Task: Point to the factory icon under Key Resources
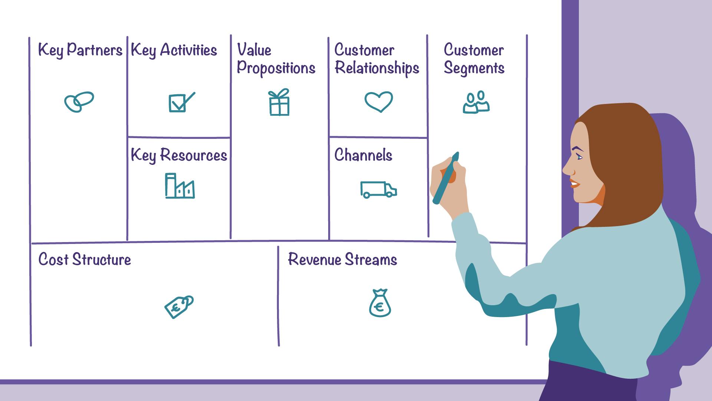click(179, 186)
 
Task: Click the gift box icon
click(279, 102)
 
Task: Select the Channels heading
click(363, 155)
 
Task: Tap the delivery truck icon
click(379, 190)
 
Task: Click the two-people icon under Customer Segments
click(476, 102)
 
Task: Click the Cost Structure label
click(85, 260)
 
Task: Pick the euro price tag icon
click(179, 307)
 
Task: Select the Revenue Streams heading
click(342, 260)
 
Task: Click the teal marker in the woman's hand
click(446, 178)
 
